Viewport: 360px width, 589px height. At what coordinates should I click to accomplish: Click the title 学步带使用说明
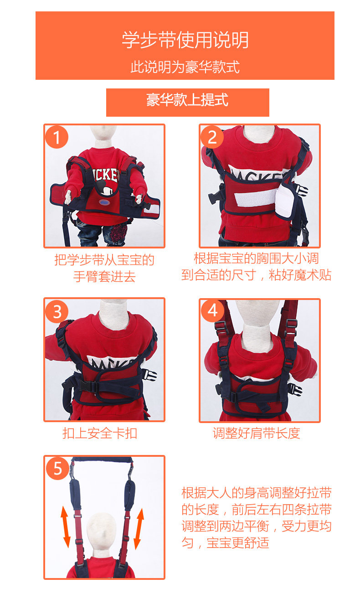(185, 40)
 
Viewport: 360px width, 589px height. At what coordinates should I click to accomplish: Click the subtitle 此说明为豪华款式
(185, 67)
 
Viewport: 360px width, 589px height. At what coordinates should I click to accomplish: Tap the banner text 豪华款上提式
(187, 100)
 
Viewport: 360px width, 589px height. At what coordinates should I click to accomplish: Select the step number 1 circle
(57, 137)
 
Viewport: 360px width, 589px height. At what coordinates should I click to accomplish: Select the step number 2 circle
(212, 137)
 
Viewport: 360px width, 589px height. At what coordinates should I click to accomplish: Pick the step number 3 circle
(57, 311)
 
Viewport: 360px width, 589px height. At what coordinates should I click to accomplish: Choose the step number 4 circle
(212, 310)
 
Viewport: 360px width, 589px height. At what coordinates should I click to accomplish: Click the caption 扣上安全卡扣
(100, 433)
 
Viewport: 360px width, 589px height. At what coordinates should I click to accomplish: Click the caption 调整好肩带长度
(257, 433)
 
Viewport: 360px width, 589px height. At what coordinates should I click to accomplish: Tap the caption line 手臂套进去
(104, 276)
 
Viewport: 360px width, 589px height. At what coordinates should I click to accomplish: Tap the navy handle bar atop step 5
(102, 460)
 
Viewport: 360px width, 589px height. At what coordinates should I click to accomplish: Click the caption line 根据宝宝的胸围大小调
(256, 258)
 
